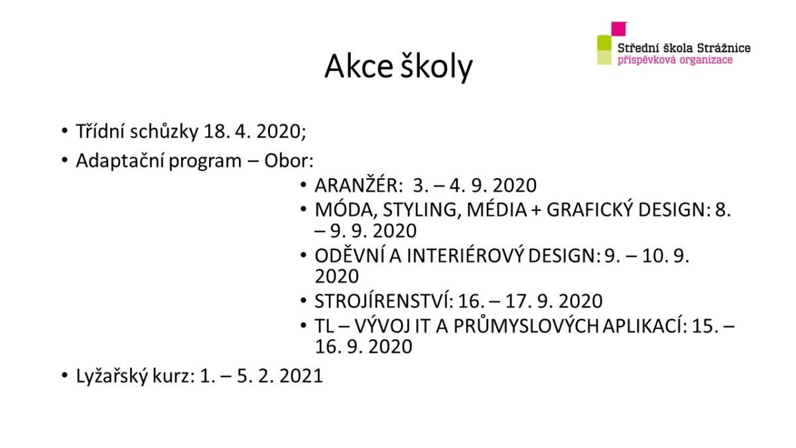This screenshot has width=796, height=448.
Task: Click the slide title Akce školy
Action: (x=399, y=66)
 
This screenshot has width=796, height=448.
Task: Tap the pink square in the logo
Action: (x=619, y=29)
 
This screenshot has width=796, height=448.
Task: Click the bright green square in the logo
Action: (x=604, y=42)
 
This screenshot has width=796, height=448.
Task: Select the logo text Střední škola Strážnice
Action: (x=684, y=48)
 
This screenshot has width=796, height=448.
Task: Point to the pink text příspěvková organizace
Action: (x=675, y=60)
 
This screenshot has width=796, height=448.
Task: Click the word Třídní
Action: (x=100, y=131)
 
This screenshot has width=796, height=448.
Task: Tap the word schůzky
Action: (x=164, y=131)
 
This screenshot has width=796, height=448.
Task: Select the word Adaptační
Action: (x=119, y=161)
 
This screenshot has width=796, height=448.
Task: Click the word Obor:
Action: (x=289, y=161)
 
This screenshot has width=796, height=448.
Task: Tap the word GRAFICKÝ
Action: (x=590, y=209)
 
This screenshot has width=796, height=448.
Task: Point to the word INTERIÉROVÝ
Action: (x=465, y=256)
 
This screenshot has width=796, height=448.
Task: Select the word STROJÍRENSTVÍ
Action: (x=384, y=301)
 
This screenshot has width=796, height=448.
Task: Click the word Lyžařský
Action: (x=111, y=376)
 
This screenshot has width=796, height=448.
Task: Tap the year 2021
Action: (x=301, y=376)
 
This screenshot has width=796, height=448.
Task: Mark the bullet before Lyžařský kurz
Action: (x=64, y=375)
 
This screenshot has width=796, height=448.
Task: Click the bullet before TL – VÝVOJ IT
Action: (x=303, y=325)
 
